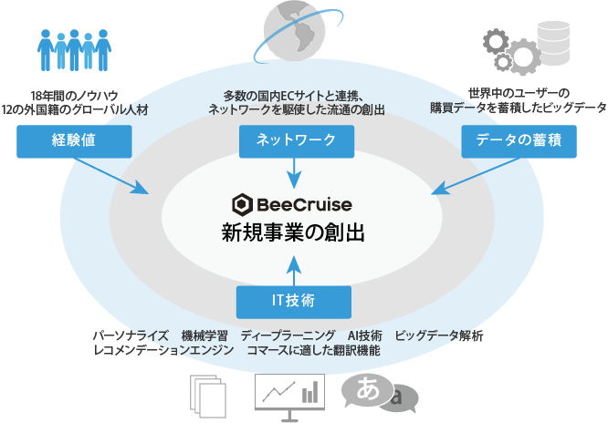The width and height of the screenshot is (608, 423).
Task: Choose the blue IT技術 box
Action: tap(294, 300)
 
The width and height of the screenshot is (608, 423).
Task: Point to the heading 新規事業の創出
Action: tap(294, 232)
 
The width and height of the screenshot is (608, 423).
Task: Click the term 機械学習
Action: tap(205, 335)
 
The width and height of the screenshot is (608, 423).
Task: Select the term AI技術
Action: tap(365, 335)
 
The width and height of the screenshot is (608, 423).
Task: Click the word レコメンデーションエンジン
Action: tap(164, 350)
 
